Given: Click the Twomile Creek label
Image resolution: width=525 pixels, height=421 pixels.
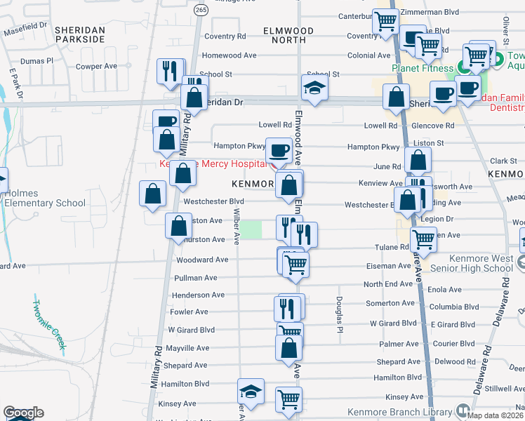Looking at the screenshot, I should click(x=49, y=324).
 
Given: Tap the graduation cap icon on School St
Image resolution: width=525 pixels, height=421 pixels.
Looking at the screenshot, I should click(x=315, y=88).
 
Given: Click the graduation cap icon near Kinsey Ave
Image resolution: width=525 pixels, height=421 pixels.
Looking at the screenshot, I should click(x=251, y=392).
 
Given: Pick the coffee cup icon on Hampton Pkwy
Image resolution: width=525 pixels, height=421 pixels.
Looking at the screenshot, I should click(x=279, y=149).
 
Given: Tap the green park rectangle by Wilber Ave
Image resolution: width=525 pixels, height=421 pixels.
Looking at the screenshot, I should click(x=251, y=229).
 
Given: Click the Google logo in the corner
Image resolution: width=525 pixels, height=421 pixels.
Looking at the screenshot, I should click(x=23, y=413).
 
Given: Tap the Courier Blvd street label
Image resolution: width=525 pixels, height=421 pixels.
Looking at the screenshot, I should click(x=456, y=344).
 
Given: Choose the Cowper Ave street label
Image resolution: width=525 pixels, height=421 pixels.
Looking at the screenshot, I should click(x=96, y=66).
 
